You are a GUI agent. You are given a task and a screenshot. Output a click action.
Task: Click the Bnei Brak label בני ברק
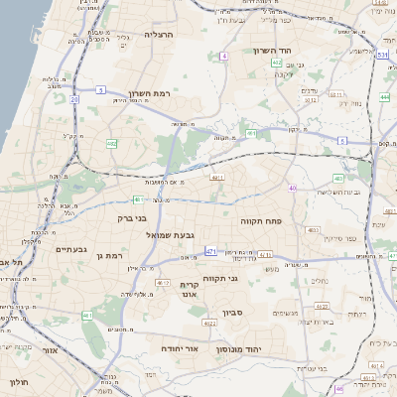132,217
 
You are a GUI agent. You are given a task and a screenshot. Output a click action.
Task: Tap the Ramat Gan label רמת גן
110,256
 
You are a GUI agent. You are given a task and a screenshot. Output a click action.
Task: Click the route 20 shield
74,99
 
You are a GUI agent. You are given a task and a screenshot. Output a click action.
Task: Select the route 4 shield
224,58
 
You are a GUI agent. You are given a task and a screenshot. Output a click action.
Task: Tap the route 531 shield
382,56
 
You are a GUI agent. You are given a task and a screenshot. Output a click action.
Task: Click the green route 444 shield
384,98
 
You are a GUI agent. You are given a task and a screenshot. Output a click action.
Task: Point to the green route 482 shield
111,144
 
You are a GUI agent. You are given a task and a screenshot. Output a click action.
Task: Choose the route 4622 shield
208,324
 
